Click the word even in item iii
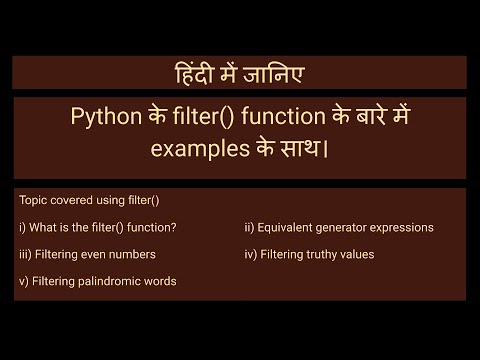click(x=100, y=254)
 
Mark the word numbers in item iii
click(x=139, y=254)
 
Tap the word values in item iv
click(x=358, y=254)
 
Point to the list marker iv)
click(x=250, y=254)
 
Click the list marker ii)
click(x=250, y=227)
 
